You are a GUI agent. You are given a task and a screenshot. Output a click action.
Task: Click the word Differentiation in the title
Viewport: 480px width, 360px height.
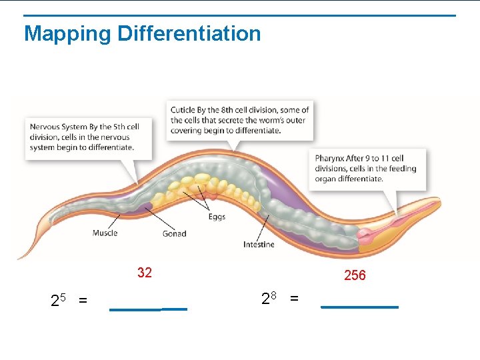point(189,33)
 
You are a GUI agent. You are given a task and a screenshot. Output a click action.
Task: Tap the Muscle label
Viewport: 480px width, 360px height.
point(105,233)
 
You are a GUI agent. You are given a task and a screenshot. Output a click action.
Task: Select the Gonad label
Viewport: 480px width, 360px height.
point(174,233)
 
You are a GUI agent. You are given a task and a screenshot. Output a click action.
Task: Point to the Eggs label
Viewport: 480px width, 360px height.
point(217,217)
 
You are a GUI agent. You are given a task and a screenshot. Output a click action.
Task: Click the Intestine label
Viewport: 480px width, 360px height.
point(259,245)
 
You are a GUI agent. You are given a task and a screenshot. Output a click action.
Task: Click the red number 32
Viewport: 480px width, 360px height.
point(145,272)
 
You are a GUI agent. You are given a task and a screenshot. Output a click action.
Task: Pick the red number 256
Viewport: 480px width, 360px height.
point(355,275)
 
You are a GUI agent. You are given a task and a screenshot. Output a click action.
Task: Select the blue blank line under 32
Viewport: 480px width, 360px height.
point(148,309)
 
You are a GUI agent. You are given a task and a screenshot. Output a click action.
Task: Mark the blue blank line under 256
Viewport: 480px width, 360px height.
point(359,307)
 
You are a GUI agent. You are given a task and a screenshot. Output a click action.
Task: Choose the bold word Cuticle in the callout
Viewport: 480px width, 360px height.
point(183,110)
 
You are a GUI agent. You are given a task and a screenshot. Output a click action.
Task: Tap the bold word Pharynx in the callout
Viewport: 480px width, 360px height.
point(330,159)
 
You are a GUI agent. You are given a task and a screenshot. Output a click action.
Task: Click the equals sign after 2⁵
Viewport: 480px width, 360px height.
point(83,301)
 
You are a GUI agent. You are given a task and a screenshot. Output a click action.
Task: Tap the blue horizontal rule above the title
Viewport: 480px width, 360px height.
point(240,15)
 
